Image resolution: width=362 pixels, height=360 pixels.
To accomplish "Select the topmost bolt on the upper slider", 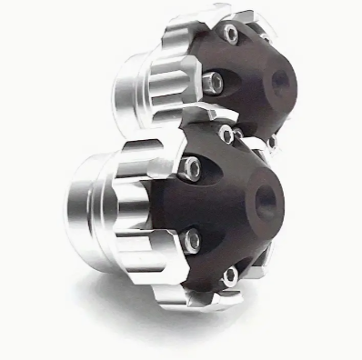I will click(x=234, y=34).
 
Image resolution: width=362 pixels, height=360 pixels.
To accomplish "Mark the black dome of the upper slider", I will click(x=259, y=77).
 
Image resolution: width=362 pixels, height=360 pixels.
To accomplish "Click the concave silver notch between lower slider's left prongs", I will click(x=159, y=205).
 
